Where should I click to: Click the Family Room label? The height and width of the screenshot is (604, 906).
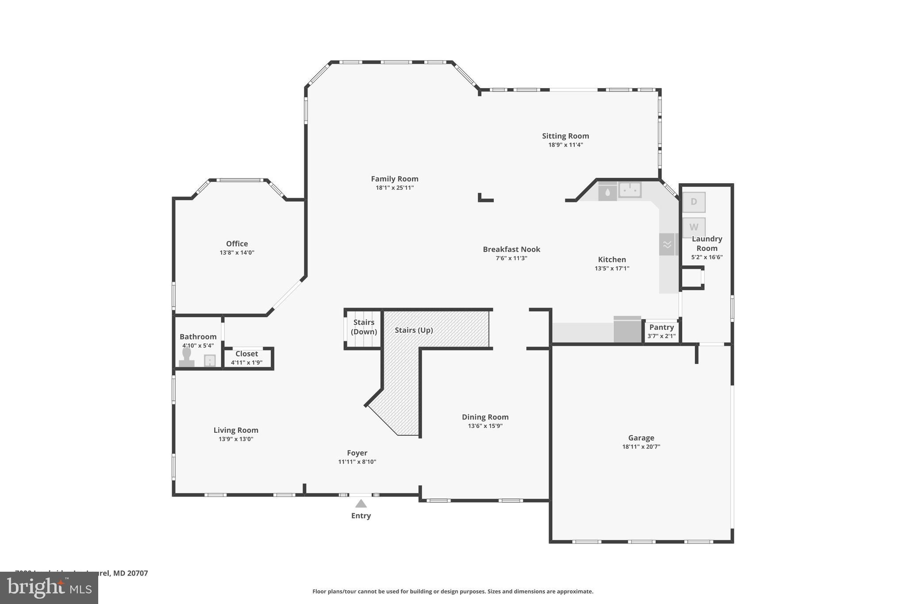(395, 179)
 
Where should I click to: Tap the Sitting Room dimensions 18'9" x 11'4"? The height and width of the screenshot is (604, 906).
(565, 145)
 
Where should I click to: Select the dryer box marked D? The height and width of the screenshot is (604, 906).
(694, 202)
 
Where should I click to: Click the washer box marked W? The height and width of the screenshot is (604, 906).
(694, 227)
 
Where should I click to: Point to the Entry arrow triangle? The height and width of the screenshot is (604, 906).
(361, 504)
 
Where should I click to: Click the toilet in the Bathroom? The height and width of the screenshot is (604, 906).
(187, 357)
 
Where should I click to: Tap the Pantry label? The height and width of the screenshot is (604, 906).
(661, 327)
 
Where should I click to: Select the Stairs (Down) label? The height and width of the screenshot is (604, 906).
(364, 327)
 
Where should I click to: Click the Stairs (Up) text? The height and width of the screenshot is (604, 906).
(414, 330)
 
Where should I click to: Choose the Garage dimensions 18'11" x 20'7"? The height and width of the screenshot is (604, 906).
(641, 446)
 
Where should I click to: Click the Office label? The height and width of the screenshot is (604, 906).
(237, 243)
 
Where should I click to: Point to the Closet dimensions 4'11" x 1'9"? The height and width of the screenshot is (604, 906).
(246, 362)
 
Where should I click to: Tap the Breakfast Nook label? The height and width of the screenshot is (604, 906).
(511, 249)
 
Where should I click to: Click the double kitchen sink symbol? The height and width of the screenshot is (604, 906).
(630, 190)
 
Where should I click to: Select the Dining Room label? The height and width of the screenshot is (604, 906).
(485, 417)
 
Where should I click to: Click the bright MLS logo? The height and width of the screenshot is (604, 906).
(49, 588)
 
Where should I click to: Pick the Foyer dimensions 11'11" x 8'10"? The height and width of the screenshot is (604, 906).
(357, 462)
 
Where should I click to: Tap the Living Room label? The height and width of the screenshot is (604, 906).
(236, 430)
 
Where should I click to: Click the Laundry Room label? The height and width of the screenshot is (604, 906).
(706, 243)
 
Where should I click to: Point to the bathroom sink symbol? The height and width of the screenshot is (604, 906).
(210, 361)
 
